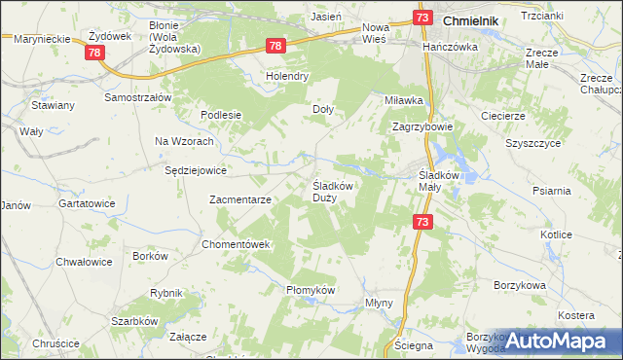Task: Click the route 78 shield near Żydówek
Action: click(94, 53)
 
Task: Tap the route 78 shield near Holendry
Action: click(275, 46)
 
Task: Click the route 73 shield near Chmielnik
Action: click(421, 18)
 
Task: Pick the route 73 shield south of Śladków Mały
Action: click(422, 222)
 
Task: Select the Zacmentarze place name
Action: click(240, 199)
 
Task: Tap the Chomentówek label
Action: click(236, 243)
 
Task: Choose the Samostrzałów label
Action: click(138, 98)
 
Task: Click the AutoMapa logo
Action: click(559, 342)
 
